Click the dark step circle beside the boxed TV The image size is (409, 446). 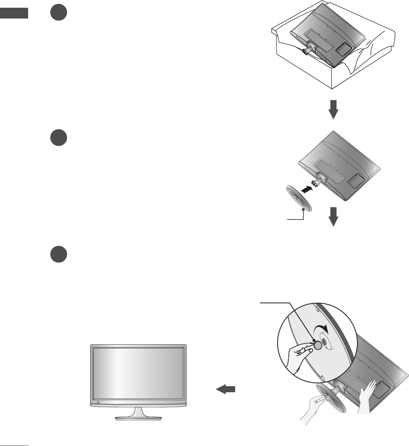tap(59, 14)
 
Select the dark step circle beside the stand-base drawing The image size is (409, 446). tap(59, 138)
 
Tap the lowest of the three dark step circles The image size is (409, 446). tap(59, 255)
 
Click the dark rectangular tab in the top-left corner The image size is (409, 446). tap(14, 13)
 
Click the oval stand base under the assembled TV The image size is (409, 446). tap(138, 418)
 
